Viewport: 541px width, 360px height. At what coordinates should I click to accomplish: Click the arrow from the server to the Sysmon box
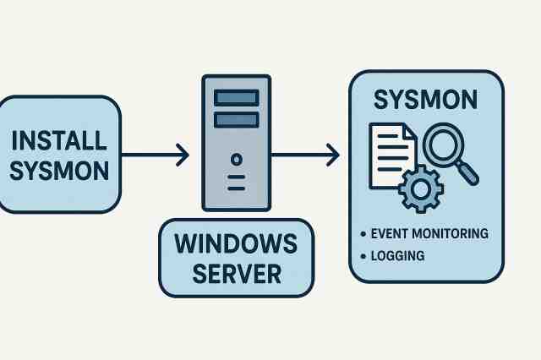(x=304, y=155)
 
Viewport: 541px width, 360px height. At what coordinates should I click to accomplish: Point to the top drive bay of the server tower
(x=236, y=98)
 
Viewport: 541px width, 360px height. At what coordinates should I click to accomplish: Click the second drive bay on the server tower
(x=236, y=120)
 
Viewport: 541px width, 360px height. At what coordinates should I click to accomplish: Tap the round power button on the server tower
(x=236, y=159)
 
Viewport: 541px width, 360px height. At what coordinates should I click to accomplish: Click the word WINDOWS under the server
(x=236, y=243)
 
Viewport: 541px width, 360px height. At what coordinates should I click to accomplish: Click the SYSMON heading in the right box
(x=426, y=100)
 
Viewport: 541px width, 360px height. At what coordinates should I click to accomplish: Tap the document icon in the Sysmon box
(x=391, y=156)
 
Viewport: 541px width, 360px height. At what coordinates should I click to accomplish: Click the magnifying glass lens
(x=445, y=145)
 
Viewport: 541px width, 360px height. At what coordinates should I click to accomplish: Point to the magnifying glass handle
(x=469, y=174)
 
